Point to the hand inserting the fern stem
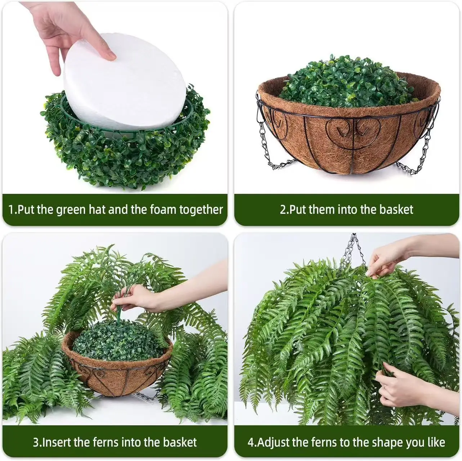coord(139,299)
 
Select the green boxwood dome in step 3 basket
coord(117,341)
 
